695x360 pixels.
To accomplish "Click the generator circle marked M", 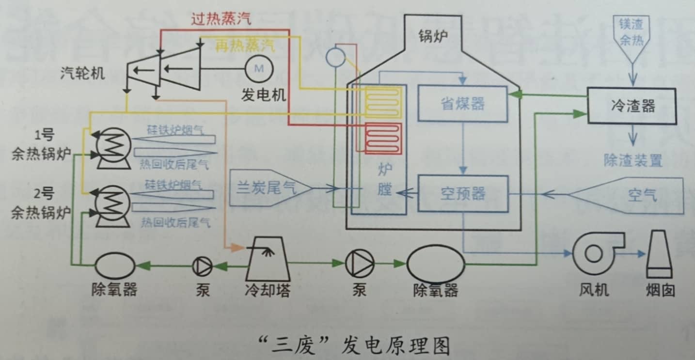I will tap(259, 69).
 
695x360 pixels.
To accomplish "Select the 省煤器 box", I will tap(463, 104).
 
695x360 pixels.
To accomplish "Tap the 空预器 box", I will tap(463, 194).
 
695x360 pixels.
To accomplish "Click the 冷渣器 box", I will tap(631, 106).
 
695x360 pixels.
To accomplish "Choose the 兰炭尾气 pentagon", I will tap(269, 187).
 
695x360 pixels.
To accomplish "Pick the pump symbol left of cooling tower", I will tap(202, 266).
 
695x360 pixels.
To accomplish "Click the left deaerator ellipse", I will tap(115, 266).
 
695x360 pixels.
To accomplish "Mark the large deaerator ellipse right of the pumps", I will tap(436, 264).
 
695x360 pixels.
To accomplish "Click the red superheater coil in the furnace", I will tap(383, 138).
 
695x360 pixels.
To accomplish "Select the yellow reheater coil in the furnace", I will tap(383, 102).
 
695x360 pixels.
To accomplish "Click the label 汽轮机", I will tap(83, 73).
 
